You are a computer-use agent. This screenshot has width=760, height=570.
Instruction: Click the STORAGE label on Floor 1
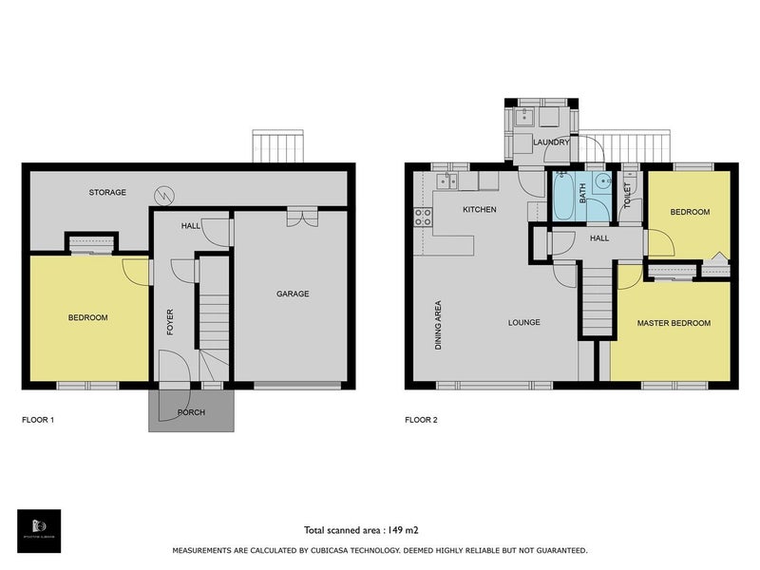pos(107,193)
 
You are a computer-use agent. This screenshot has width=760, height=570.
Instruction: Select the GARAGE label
pos(293,294)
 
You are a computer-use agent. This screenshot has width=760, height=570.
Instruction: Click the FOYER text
pos(171,323)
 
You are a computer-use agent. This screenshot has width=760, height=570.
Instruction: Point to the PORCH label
pos(191,412)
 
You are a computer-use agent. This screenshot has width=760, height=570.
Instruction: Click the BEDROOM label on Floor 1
pos(87,317)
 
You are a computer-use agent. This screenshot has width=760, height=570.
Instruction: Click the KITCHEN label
pos(479,209)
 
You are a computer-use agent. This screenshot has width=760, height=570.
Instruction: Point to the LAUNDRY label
pos(551,142)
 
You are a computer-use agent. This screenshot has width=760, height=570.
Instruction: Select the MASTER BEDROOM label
pos(674,323)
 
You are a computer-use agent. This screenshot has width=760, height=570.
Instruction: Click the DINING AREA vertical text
pos(438,326)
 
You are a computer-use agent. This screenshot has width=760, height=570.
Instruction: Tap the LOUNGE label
pos(523,322)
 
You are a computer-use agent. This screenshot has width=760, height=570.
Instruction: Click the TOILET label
pos(628,197)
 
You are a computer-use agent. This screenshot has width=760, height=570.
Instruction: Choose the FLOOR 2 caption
pos(421,419)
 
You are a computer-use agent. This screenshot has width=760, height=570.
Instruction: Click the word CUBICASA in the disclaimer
pos(339,551)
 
